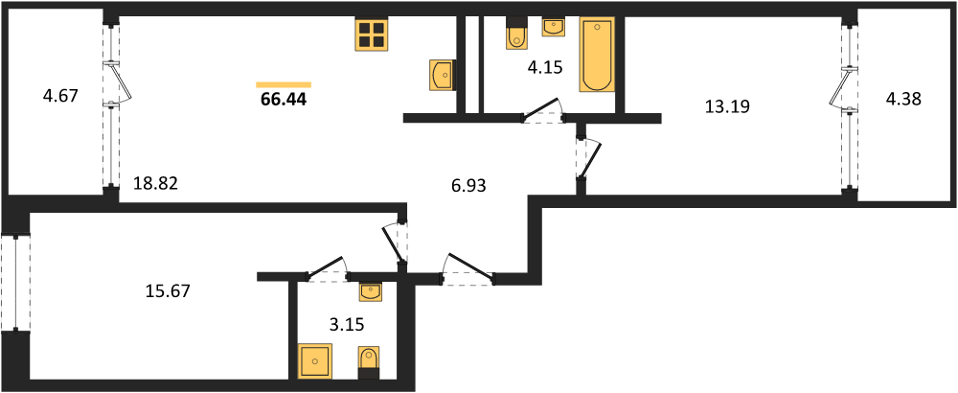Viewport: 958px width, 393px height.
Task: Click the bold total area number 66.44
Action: coord(284,100)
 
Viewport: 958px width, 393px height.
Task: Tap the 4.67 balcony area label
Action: coord(60,96)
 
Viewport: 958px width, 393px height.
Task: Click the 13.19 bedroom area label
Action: coord(728,107)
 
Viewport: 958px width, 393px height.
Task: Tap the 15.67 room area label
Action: coord(169,291)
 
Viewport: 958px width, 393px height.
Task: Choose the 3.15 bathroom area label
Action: coord(347,324)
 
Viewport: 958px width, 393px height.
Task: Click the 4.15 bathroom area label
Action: coord(544,67)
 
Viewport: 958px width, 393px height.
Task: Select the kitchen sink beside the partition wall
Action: coord(443,75)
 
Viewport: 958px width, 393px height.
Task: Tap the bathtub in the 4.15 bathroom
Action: coord(598,55)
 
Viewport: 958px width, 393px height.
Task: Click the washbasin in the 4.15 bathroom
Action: coord(554,27)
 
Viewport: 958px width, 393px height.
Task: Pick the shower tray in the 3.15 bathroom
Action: coord(316,360)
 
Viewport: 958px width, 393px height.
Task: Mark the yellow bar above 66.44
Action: coord(284,85)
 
